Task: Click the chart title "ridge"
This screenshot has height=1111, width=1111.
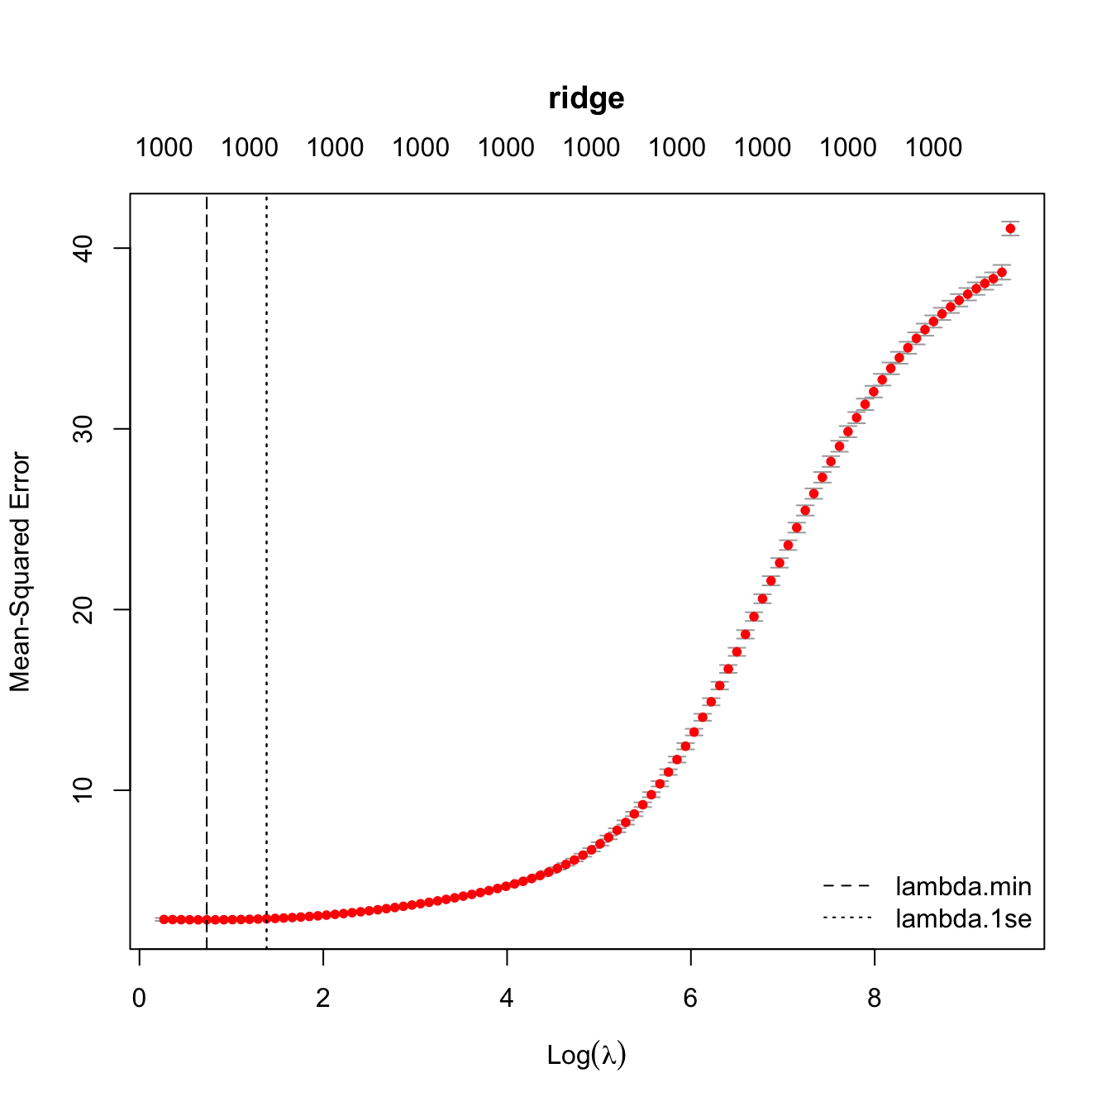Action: [586, 98]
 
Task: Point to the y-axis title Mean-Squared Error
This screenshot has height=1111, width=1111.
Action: [20, 572]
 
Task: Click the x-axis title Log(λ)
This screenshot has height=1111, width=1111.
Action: [586, 1055]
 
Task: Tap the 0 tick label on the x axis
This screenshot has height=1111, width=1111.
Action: [139, 999]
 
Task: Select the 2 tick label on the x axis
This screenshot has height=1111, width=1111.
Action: [322, 999]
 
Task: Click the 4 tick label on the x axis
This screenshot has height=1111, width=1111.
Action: [507, 999]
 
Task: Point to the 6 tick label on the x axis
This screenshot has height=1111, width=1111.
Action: [690, 999]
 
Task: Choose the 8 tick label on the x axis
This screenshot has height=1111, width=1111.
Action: [874, 999]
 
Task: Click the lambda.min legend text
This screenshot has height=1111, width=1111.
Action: [963, 887]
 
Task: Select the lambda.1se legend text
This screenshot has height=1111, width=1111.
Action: [963, 918]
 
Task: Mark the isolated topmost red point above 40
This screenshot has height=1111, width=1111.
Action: [1010, 228]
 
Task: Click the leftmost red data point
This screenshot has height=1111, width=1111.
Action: [164, 919]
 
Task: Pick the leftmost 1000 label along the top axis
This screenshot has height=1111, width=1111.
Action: [164, 148]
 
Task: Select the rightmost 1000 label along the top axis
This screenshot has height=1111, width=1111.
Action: [933, 148]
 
